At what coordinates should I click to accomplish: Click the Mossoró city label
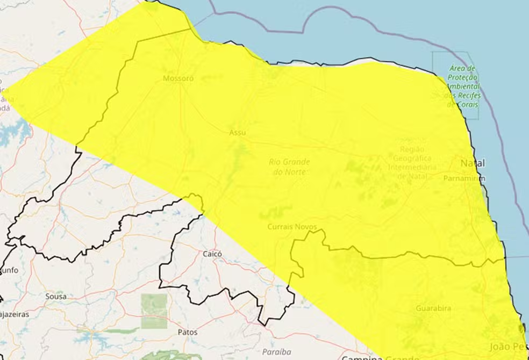click(x=178, y=78)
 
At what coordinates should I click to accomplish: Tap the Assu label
click(x=237, y=132)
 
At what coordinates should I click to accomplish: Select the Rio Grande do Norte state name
click(x=289, y=167)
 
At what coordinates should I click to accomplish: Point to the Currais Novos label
click(x=292, y=227)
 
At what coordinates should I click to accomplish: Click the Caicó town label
click(x=212, y=253)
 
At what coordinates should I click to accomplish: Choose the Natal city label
click(x=472, y=163)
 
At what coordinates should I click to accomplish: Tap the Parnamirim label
click(x=464, y=178)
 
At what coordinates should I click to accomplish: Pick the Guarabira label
click(x=433, y=308)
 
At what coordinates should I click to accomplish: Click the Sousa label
click(x=56, y=296)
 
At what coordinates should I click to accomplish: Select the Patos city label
click(x=187, y=332)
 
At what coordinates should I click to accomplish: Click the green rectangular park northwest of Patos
click(x=154, y=311)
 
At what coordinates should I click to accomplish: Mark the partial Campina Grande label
click(x=380, y=356)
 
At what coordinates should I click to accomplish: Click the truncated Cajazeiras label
click(x=14, y=314)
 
